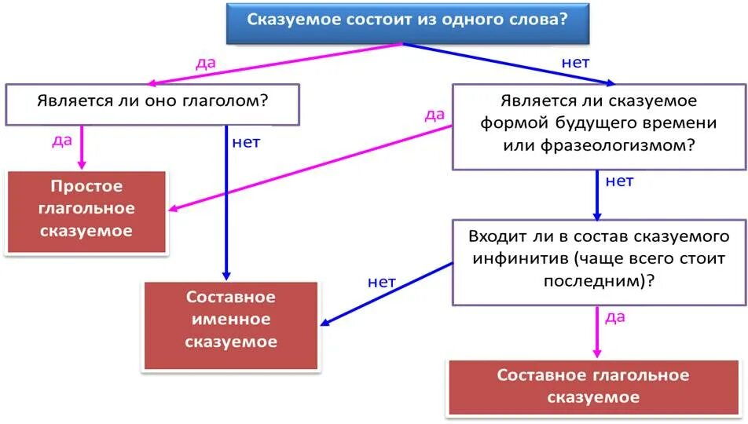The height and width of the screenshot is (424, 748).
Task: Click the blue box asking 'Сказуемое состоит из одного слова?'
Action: [x=407, y=22]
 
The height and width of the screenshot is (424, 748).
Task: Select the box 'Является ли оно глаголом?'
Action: [x=152, y=103]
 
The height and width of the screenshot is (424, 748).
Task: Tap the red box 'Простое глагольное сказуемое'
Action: [x=86, y=210]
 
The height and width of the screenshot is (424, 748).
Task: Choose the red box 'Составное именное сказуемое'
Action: [x=231, y=321]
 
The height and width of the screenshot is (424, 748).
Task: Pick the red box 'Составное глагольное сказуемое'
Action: [x=593, y=386]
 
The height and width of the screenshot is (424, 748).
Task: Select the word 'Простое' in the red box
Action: [x=86, y=187]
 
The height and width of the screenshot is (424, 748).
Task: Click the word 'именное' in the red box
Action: [x=231, y=320]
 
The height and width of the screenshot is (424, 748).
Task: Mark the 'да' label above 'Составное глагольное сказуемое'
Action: [x=615, y=316]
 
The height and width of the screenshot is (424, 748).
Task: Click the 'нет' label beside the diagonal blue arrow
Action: [x=382, y=282]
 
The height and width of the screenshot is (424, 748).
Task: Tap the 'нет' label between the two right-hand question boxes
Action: [x=619, y=181]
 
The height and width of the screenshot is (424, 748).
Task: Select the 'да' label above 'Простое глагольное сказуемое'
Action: [x=62, y=141]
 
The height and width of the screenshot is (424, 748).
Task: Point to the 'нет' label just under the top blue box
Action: [x=575, y=62]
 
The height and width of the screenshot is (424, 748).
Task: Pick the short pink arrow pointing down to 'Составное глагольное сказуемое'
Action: [x=596, y=333]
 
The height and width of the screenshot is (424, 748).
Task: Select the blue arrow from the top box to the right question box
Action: [x=511, y=63]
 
